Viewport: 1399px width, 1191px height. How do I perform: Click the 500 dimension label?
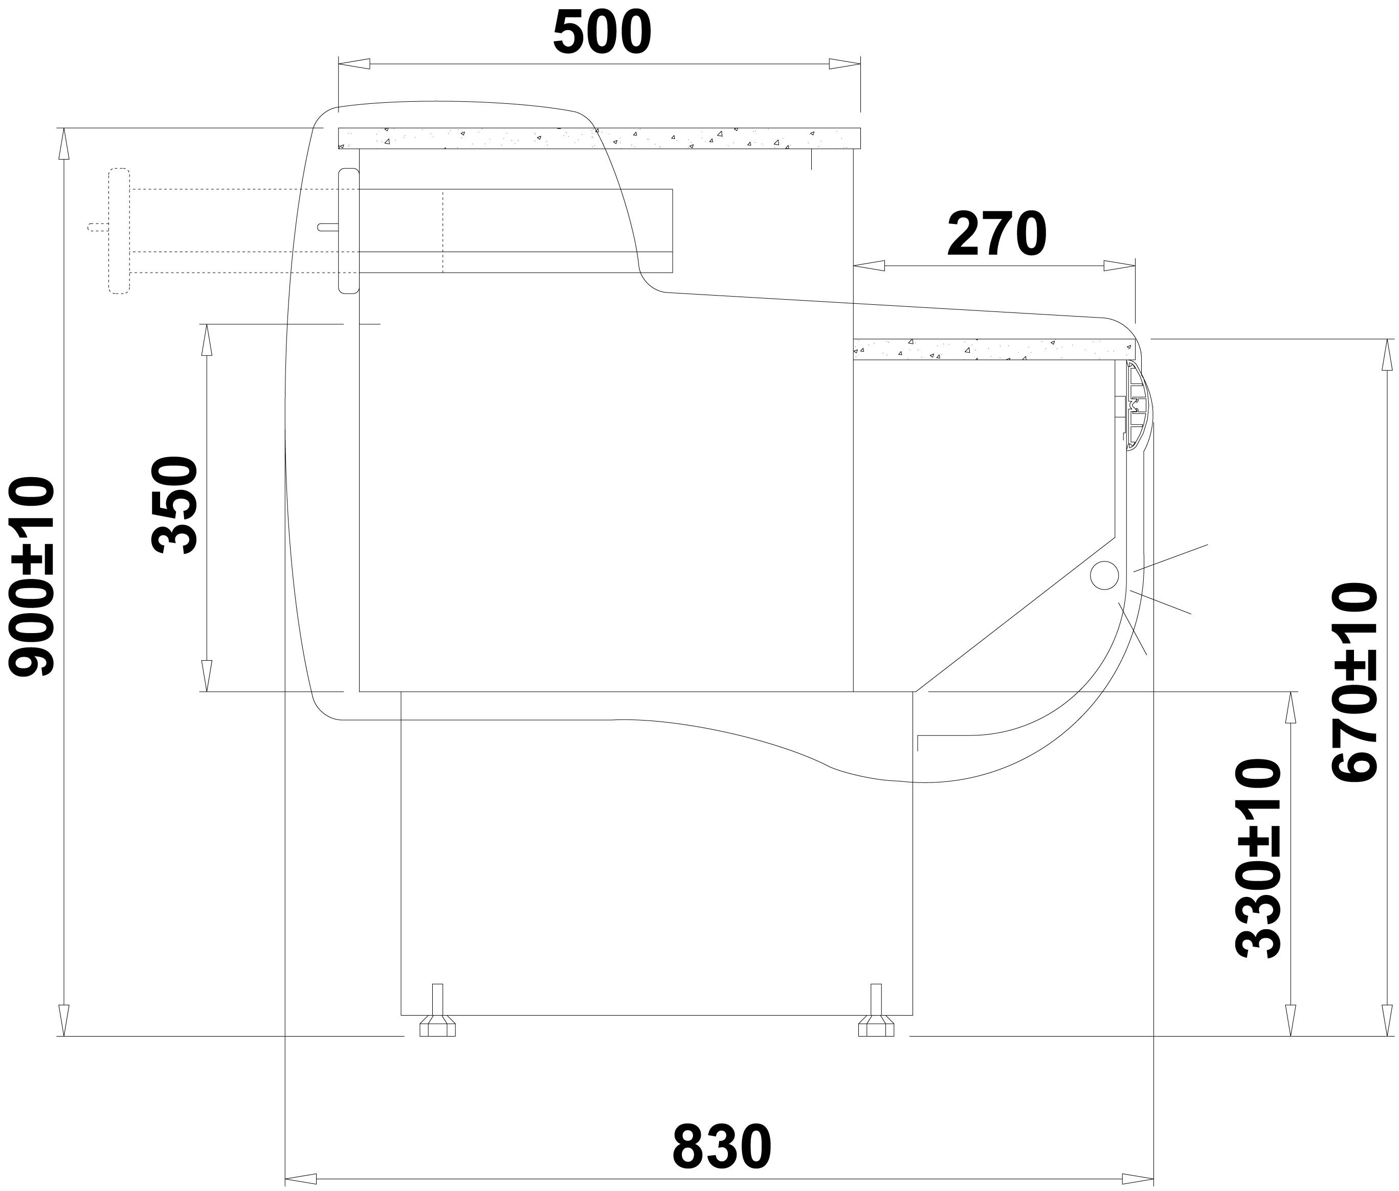click(602, 34)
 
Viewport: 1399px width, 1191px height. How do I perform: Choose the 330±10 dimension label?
click(1258, 858)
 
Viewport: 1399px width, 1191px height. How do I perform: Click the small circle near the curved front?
click(1104, 575)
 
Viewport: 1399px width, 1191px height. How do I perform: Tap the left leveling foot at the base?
click(437, 1010)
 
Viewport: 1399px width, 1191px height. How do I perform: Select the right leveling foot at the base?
click(876, 1010)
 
